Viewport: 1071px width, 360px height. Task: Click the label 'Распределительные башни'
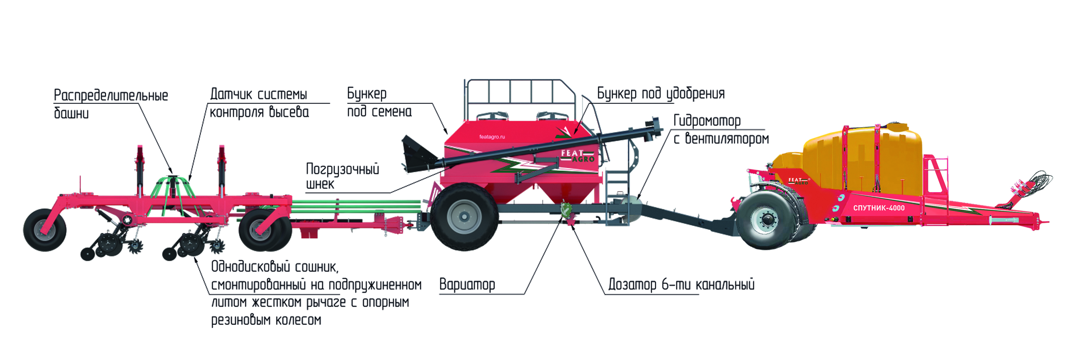[111, 104]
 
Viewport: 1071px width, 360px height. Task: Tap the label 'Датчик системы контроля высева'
[259, 103]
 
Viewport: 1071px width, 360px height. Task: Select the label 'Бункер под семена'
[379, 102]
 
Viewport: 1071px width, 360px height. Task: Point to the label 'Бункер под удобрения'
[661, 93]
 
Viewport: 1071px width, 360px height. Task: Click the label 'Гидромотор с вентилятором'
[721, 129]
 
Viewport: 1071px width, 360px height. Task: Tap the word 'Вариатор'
[467, 285]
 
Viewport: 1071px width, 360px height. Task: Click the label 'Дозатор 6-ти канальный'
[681, 285]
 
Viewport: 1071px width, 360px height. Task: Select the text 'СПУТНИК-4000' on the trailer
[879, 208]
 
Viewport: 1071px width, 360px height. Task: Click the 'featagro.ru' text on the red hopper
[492, 137]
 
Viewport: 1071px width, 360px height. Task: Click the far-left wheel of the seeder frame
[44, 230]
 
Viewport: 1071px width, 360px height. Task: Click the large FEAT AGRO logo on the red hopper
[577, 156]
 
